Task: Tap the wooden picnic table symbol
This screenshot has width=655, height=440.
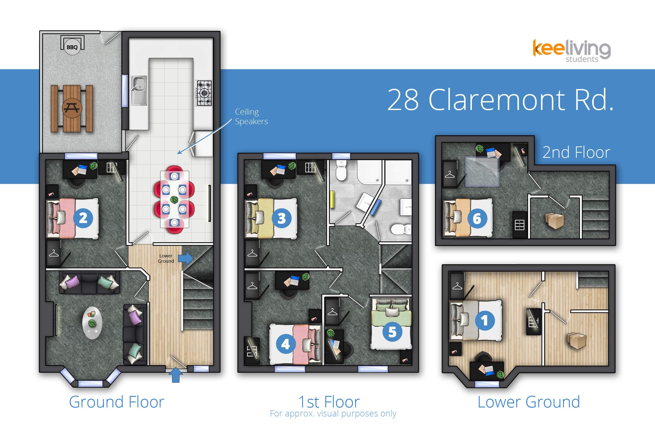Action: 72,108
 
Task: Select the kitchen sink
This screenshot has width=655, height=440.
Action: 139,91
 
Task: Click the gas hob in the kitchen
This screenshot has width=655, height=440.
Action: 204,93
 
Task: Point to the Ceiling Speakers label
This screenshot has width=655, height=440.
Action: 251,117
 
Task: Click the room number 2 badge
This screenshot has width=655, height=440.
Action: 83,218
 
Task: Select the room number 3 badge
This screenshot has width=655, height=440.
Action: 281,218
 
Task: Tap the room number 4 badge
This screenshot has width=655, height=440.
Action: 286,344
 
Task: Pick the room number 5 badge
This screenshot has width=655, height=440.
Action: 392,332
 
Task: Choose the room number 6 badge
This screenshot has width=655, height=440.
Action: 477,218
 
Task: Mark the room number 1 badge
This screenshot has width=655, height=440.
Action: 485,320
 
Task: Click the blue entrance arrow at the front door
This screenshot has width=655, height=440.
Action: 176,375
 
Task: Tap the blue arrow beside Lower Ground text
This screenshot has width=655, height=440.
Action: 186,258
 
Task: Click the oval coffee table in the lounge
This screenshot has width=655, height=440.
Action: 92,323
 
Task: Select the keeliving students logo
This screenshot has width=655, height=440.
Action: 572,51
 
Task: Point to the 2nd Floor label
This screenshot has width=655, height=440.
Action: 576,152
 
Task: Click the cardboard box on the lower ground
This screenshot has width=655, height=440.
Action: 576,341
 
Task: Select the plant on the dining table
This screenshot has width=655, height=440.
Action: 174,200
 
